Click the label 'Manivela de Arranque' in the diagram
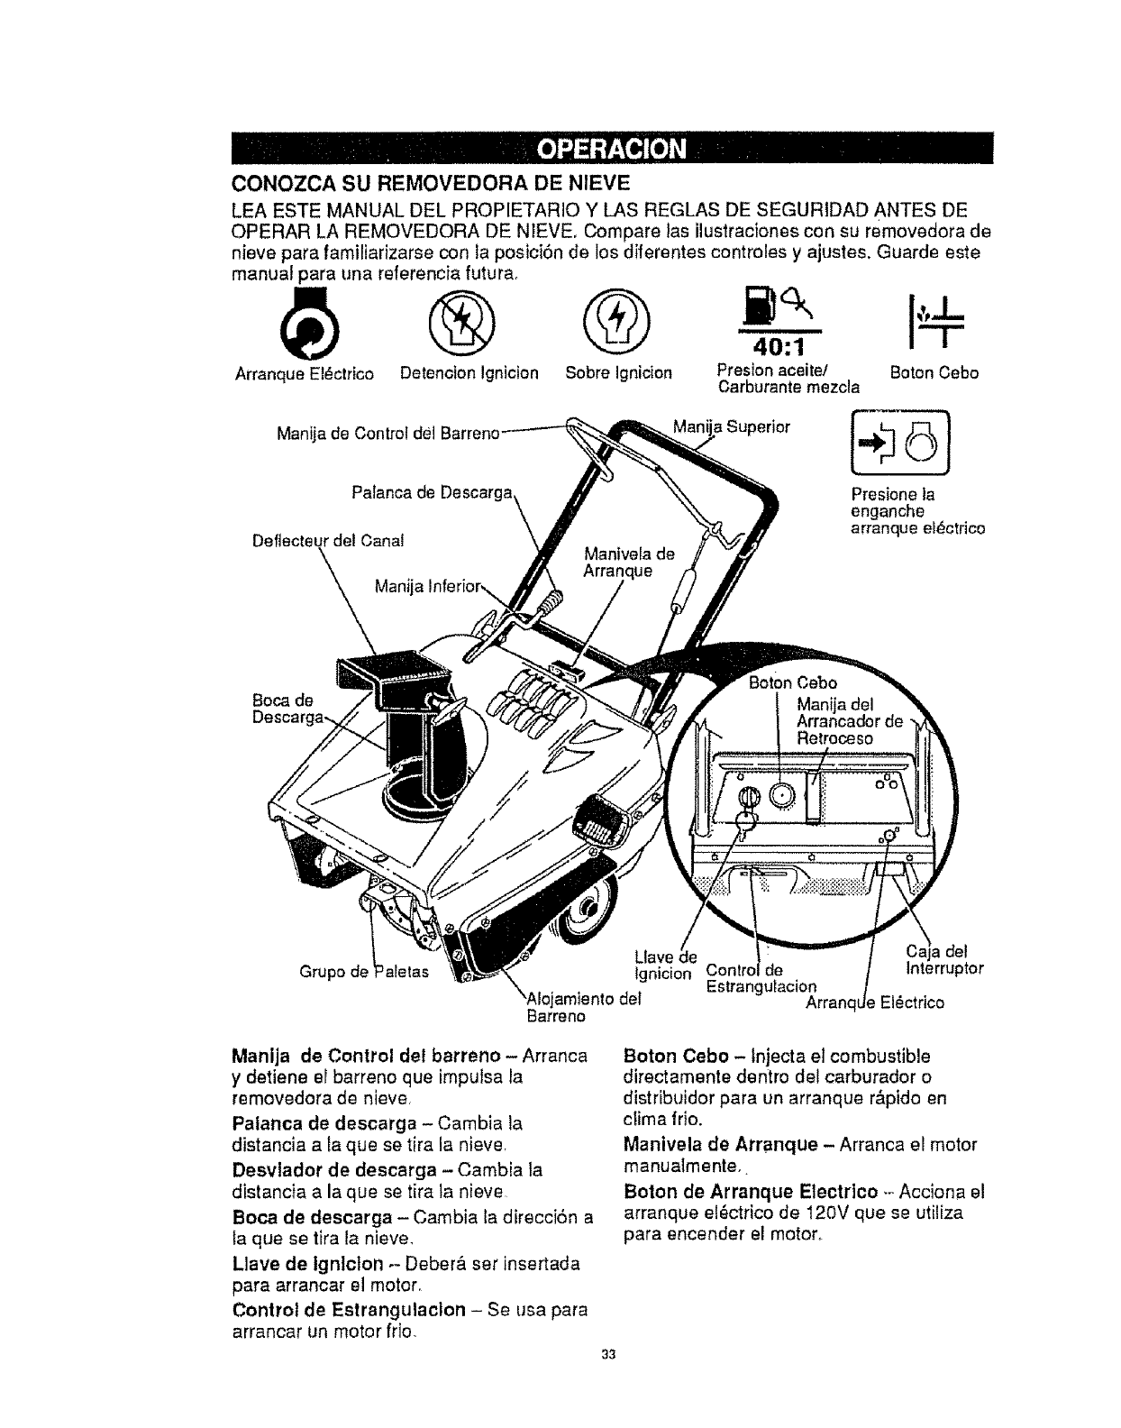click(x=629, y=561)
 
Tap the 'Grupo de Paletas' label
click(x=364, y=971)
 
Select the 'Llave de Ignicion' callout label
click(x=665, y=965)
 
